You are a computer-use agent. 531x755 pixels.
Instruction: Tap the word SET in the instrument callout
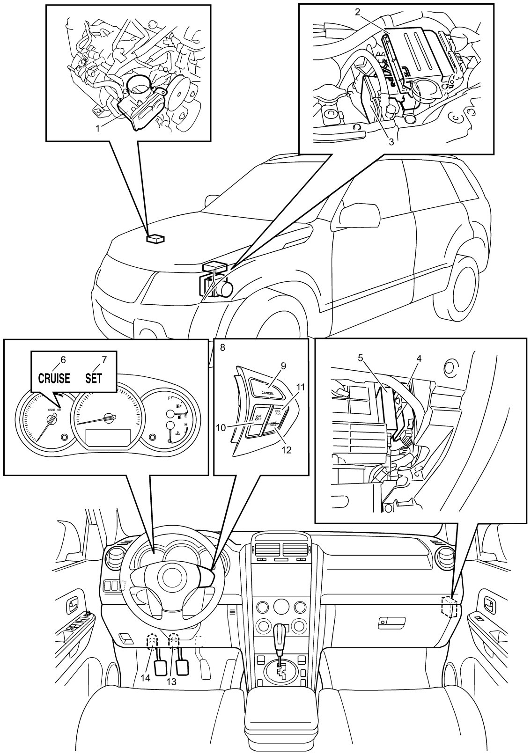94,378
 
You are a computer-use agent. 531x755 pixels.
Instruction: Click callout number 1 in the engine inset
97,127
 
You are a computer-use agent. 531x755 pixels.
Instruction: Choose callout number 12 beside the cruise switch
286,450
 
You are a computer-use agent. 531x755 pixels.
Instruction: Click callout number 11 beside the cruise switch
300,388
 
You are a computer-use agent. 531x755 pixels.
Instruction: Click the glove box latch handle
391,620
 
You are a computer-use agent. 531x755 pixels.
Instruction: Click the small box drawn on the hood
155,239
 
